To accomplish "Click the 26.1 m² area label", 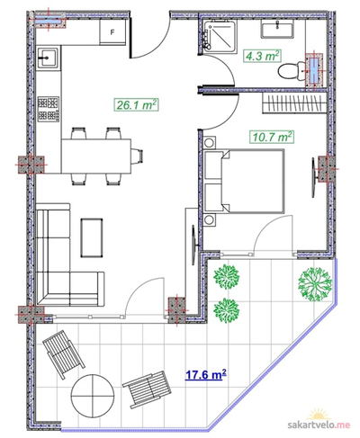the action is [x=136, y=105].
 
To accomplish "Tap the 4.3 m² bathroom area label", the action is [x=262, y=56].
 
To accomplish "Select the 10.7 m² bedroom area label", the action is [x=272, y=137].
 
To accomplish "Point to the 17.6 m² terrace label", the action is [x=205, y=375].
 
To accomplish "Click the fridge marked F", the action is [x=112, y=31].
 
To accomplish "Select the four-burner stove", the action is [x=49, y=109].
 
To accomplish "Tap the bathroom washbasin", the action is [x=277, y=30].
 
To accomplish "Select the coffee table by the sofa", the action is [x=92, y=237].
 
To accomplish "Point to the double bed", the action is [x=244, y=181].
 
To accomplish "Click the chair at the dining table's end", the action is [x=137, y=156].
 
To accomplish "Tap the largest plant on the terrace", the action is [x=315, y=284].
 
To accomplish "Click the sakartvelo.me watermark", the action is [x=319, y=425].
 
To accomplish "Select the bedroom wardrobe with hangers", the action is [x=294, y=103].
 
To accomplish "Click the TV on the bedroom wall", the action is [x=314, y=177].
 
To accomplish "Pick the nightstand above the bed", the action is [x=209, y=143].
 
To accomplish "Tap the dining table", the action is [x=96, y=156].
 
